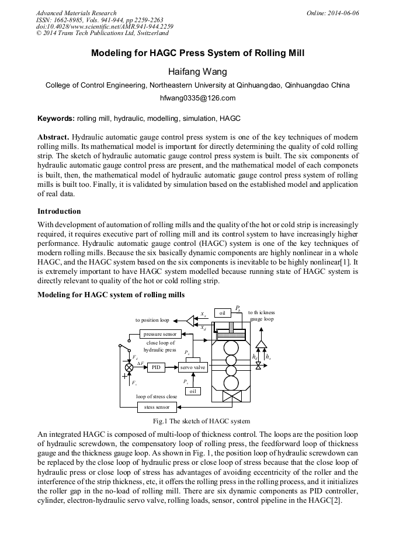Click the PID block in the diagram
pos(156,367)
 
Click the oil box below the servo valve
pos(193,391)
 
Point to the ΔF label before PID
pos(141,363)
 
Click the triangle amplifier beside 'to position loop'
pos(190,320)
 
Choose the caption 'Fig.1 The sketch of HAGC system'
pos(201,421)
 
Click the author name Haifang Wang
pos(197,72)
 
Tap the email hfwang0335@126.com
pos(197,98)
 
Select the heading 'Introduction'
pos(59,211)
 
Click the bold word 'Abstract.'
pos(54,136)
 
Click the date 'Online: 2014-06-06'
pos(333,13)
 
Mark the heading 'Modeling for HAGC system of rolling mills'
pos(111,295)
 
